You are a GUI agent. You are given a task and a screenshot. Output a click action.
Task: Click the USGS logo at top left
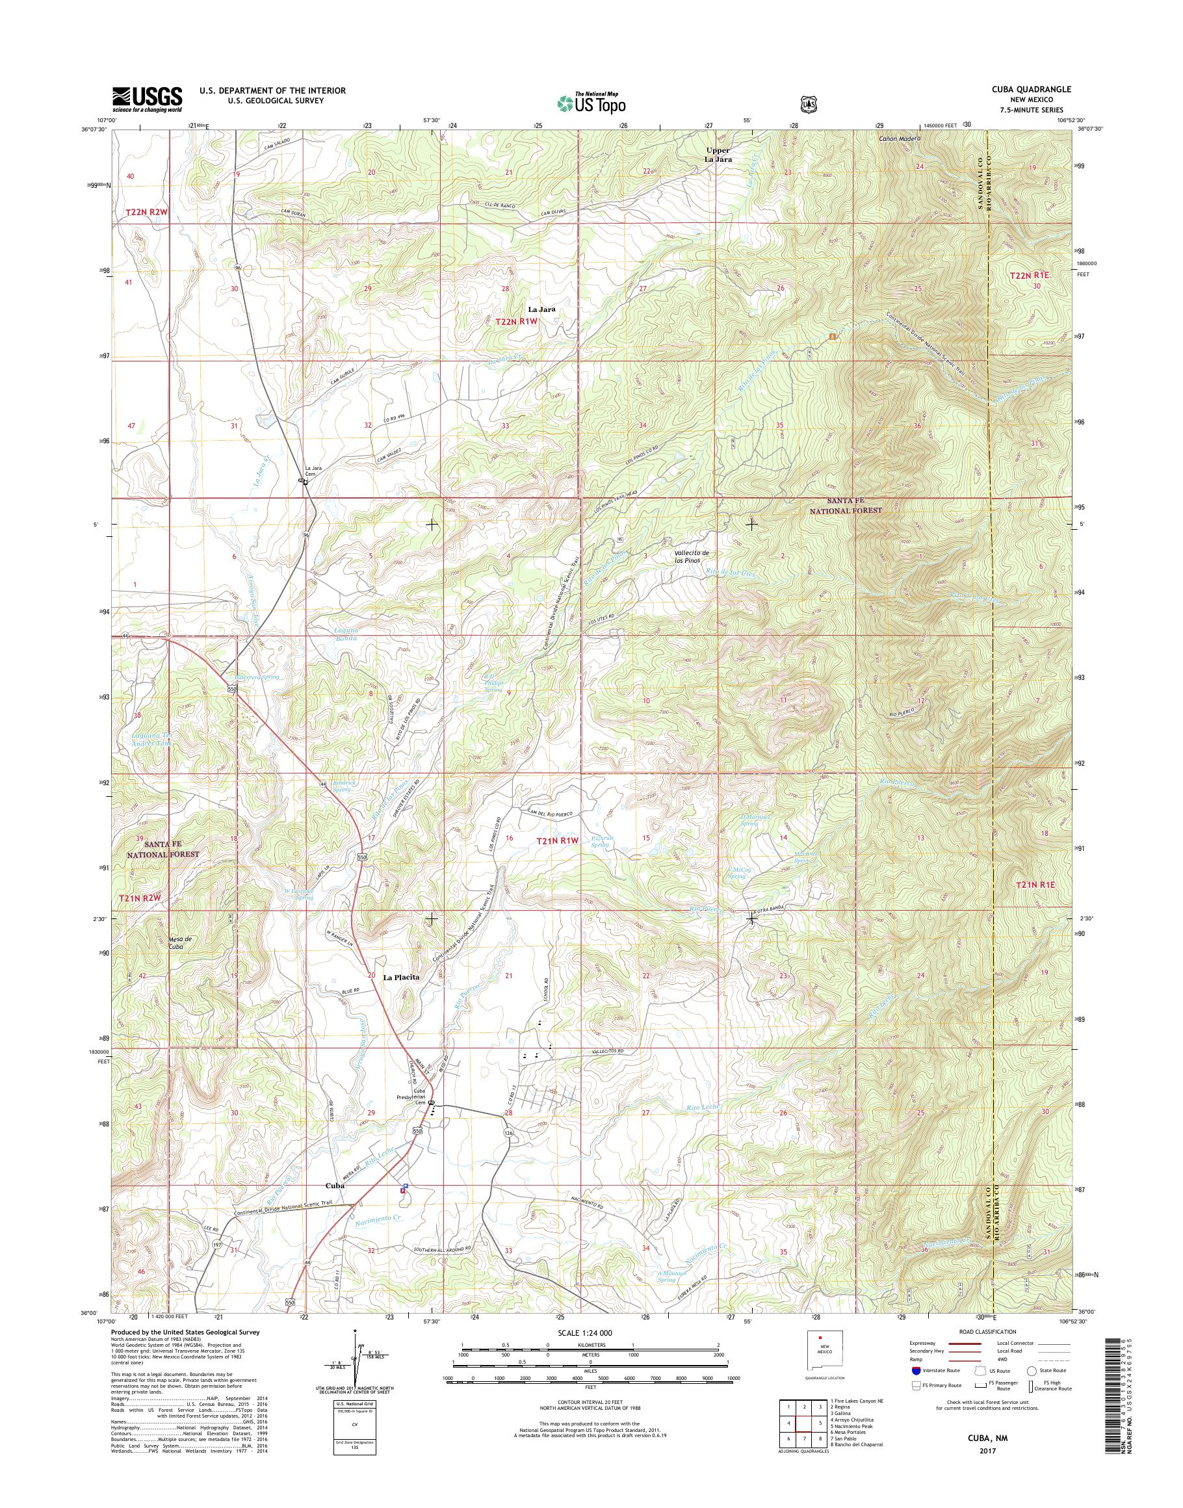tap(147, 99)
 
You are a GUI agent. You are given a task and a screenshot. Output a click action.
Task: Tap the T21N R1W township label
tap(557, 840)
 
